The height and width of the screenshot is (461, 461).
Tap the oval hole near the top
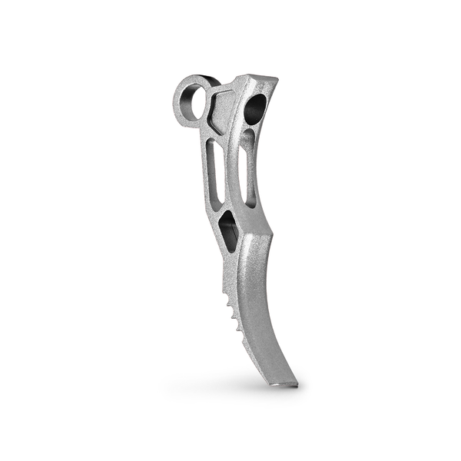point(255,110)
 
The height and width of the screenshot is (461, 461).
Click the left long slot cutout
point(216,173)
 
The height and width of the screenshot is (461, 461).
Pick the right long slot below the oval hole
point(248,165)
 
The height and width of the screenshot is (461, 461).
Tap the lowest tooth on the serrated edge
point(243,330)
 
